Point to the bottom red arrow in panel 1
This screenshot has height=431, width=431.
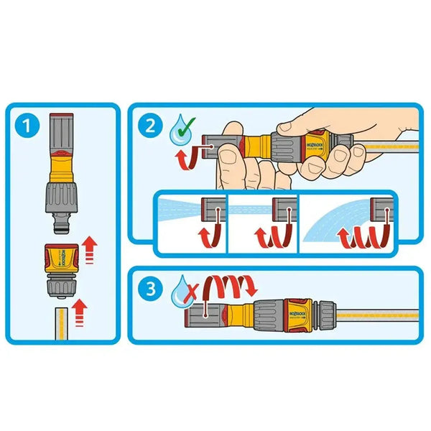[80, 313]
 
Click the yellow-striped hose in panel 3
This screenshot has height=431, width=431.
[374, 315]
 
